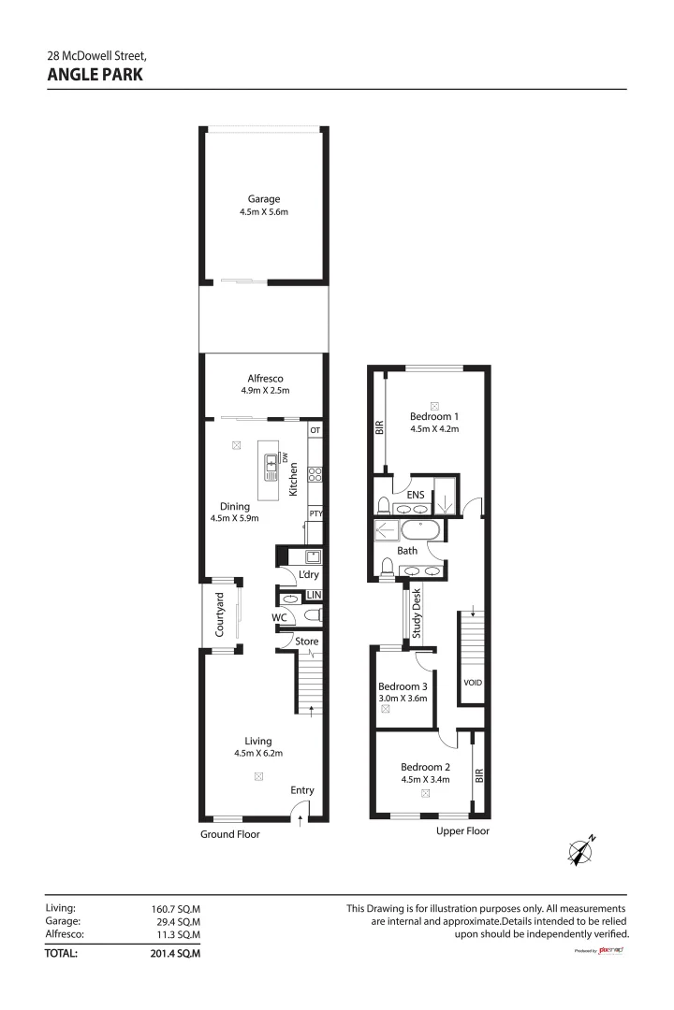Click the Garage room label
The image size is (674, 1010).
click(263, 199)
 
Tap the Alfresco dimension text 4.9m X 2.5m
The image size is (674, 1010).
click(263, 391)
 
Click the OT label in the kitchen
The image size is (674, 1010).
click(315, 430)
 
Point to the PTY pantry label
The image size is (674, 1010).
click(315, 513)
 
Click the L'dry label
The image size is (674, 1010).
click(308, 574)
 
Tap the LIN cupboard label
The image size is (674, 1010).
click(314, 595)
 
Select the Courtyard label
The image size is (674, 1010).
click(220, 614)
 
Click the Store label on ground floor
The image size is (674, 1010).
click(307, 642)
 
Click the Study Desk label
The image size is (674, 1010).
click(418, 613)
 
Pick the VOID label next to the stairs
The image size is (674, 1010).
click(474, 683)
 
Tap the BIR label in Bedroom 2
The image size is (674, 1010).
click(479, 775)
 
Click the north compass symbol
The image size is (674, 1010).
click(581, 850)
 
